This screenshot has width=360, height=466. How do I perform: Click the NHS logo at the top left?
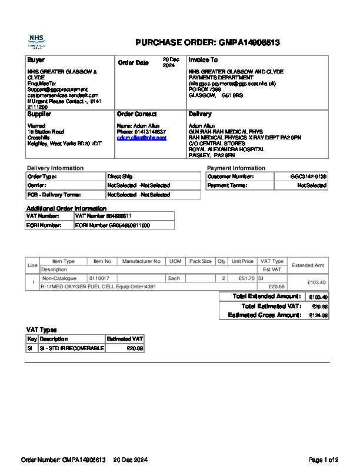point(36,41)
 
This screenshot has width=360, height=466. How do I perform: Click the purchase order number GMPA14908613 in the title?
point(249,43)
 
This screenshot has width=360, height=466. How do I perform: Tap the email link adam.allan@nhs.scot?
point(142,138)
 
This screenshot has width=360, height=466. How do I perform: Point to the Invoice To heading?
point(203,60)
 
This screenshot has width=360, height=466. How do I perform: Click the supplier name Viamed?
point(37,126)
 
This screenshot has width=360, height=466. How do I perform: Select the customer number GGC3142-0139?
point(308,177)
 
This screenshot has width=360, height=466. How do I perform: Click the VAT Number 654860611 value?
point(99,216)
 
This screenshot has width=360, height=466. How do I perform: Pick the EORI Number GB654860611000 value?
point(112,225)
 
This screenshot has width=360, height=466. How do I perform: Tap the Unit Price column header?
point(242,261)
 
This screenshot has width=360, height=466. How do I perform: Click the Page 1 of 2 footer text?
point(323,460)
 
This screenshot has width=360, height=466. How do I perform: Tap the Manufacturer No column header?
point(141,261)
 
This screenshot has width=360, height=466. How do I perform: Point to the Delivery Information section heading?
point(55,168)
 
